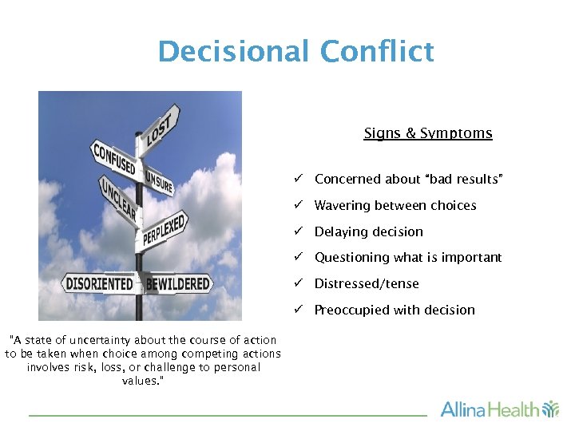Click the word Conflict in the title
click(x=377, y=52)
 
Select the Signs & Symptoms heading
click(x=427, y=133)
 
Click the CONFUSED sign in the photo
click(x=114, y=159)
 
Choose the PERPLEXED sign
click(x=165, y=229)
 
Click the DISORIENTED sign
click(x=100, y=283)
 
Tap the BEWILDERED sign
click(x=178, y=283)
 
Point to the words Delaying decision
click(x=368, y=231)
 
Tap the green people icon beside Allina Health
click(x=551, y=409)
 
